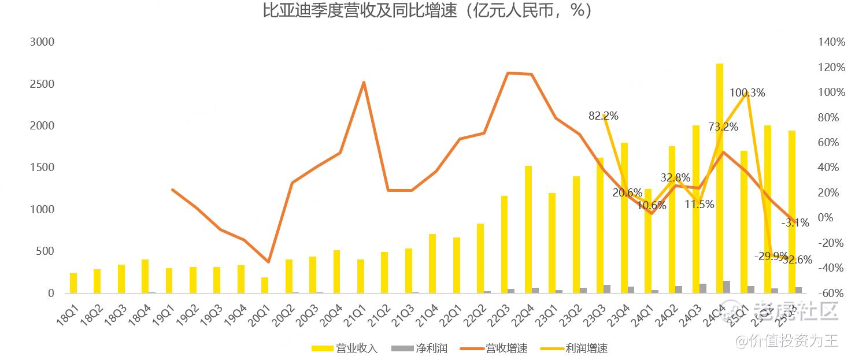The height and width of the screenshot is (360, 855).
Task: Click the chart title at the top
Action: (427, 11)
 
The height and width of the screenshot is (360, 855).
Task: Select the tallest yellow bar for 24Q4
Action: (720, 179)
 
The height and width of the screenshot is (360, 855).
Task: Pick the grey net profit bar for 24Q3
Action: (702, 288)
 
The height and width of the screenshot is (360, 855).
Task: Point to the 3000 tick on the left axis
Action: (42, 42)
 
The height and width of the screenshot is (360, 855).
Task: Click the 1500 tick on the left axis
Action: (42, 168)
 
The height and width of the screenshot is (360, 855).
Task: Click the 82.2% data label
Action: (604, 116)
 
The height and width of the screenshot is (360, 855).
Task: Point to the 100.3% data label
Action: (747, 92)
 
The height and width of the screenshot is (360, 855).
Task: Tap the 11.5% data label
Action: (699, 204)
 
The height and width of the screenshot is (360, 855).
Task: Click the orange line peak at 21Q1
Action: (364, 82)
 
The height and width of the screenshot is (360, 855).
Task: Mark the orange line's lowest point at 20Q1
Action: (268, 262)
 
